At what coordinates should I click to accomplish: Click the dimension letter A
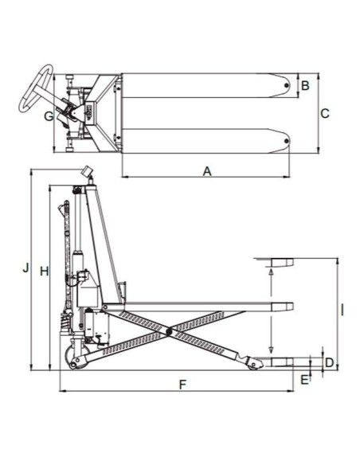click(207, 171)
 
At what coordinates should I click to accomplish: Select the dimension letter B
click(305, 86)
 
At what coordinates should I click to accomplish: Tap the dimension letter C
click(325, 114)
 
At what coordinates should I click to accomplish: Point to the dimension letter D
click(330, 362)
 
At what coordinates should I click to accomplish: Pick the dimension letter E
click(304, 380)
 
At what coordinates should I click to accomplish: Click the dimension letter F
click(182, 385)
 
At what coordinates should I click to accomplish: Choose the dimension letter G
click(49, 116)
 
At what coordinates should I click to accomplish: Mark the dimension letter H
click(44, 271)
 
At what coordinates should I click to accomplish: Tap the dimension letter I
click(342, 311)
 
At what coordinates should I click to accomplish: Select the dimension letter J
click(26, 268)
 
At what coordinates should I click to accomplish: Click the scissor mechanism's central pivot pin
click(170, 331)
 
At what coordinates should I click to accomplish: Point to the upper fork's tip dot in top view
click(286, 85)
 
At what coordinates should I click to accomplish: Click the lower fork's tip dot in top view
click(286, 141)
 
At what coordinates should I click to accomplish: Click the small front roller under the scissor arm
click(253, 365)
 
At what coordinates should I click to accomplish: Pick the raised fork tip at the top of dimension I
click(282, 263)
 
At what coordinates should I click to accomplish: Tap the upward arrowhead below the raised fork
click(271, 271)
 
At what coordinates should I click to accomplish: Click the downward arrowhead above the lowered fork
click(271, 350)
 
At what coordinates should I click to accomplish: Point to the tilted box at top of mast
click(86, 171)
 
